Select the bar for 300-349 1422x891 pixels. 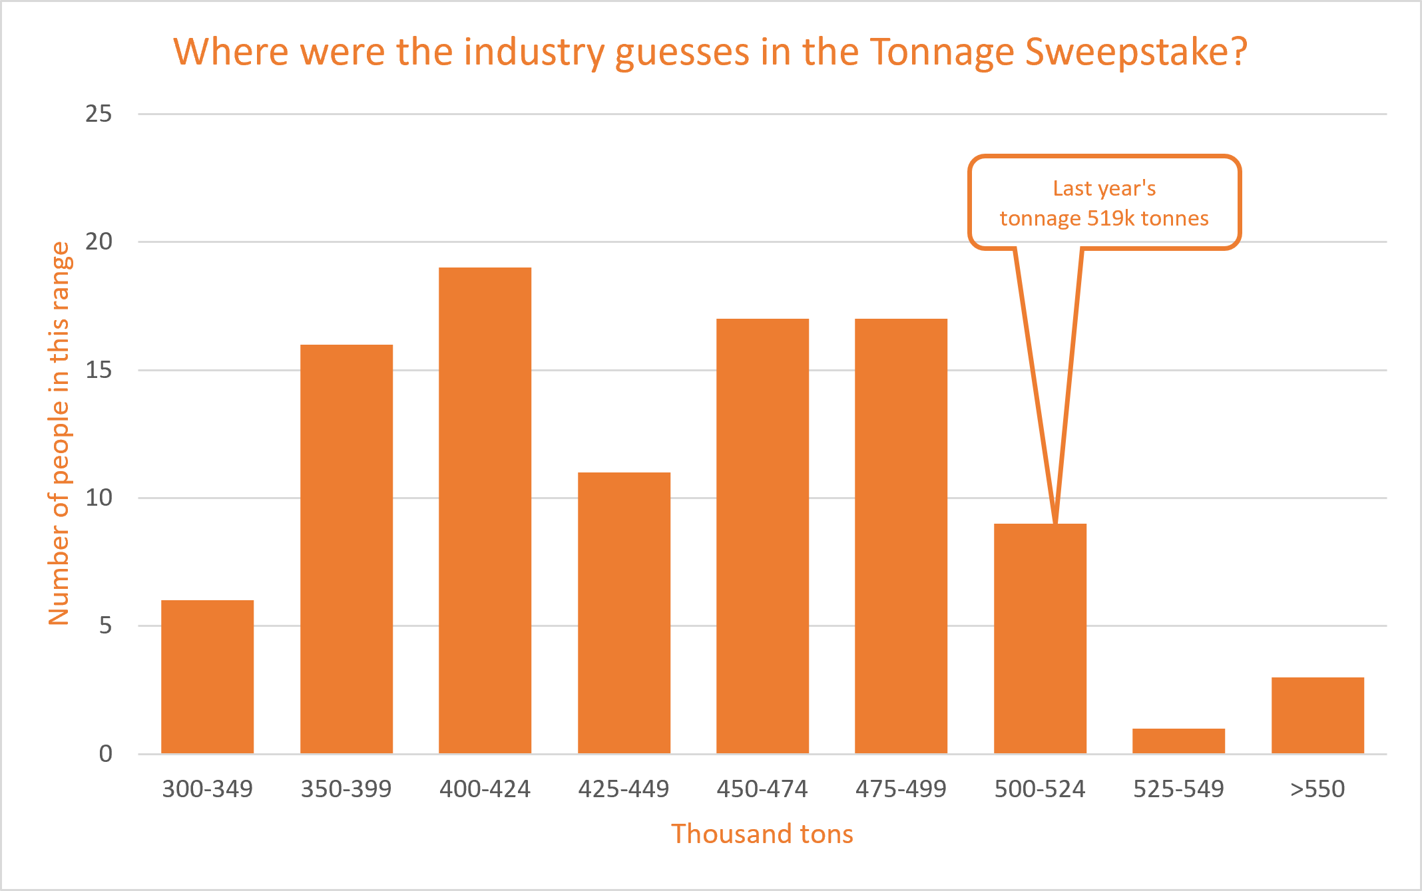[x=207, y=677]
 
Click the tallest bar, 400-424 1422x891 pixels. [x=485, y=510]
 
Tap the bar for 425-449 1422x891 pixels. [x=624, y=613]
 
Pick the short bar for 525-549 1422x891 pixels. [x=1178, y=741]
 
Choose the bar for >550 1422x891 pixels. [x=1317, y=715]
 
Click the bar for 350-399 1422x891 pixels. [x=346, y=549]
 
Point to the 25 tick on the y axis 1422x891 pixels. [x=99, y=114]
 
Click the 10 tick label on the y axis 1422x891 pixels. [x=99, y=498]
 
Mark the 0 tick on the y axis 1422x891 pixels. [x=105, y=754]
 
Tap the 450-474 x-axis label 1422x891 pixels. [x=762, y=789]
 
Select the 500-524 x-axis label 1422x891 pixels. [x=1040, y=789]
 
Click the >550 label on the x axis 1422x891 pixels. [x=1317, y=789]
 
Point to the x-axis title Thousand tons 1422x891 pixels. [x=762, y=834]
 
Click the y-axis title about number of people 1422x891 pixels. [x=59, y=433]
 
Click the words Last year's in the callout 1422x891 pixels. [x=1104, y=188]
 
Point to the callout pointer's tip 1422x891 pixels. [x=1056, y=522]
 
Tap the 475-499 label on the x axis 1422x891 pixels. [x=901, y=789]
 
